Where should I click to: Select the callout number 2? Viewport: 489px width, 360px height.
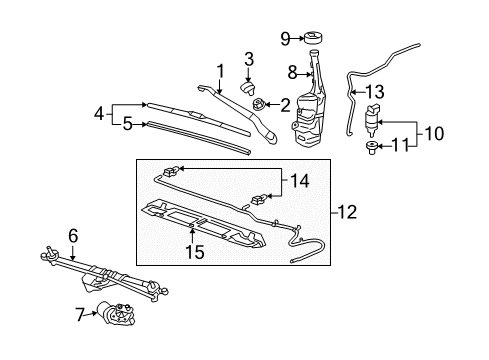[285, 103]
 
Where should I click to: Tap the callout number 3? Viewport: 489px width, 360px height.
[249, 57]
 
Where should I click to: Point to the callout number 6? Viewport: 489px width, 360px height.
[73, 235]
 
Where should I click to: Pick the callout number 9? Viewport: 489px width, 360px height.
[285, 39]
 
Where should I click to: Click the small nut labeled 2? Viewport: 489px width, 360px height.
[262, 104]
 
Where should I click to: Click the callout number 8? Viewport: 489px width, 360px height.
[294, 72]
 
